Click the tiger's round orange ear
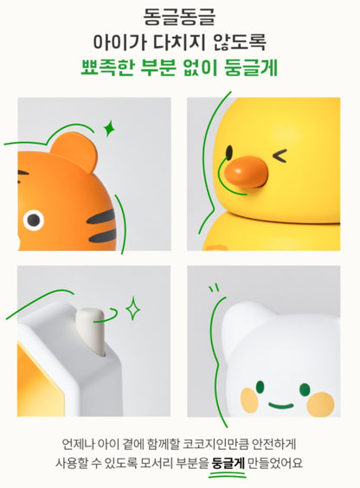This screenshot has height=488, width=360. (74, 151)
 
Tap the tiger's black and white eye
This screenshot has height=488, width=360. (33, 220)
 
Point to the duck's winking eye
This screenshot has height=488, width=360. (280, 156)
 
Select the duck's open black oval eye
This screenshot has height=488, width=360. (229, 152)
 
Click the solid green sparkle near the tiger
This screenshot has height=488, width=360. (109, 128)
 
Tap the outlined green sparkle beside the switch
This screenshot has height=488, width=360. (133, 308)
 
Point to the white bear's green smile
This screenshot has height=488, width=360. (281, 406)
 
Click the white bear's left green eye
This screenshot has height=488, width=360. (260, 387)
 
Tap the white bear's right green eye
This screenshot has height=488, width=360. (305, 389)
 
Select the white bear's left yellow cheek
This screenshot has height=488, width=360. (249, 400)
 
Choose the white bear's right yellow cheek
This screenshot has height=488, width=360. (320, 404)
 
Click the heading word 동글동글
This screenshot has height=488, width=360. (179, 17)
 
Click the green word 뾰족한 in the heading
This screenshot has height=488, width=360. (107, 67)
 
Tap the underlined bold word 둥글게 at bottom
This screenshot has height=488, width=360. (228, 463)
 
